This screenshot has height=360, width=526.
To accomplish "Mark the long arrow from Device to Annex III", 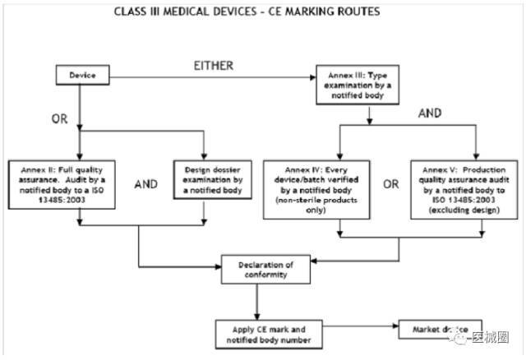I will (x=214, y=76).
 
